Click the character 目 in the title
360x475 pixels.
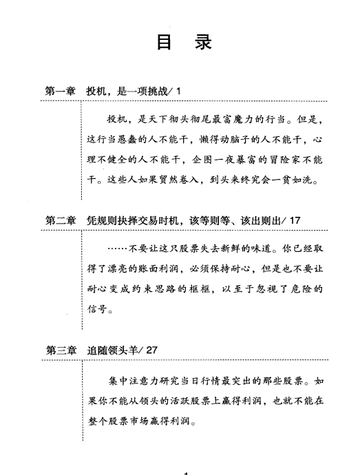pos(164,42)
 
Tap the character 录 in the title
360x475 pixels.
pos(204,42)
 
